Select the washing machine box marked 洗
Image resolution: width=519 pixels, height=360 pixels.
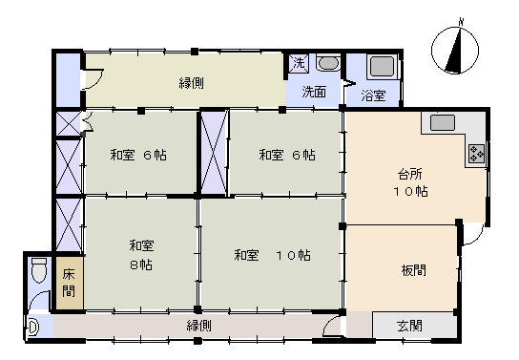tap(299, 63)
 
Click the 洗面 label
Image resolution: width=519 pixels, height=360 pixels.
tap(314, 93)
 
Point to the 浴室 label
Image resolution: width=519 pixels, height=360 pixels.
tap(373, 95)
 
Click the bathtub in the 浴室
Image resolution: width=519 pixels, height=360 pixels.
tap(381, 68)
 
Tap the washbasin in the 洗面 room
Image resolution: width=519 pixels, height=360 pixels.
tap(326, 64)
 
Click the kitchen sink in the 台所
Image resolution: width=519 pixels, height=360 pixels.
tap(444, 123)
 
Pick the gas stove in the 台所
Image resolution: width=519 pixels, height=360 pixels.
tap(476, 154)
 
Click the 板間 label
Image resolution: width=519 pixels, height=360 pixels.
tap(413, 269)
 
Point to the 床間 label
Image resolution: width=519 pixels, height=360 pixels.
tap(68, 283)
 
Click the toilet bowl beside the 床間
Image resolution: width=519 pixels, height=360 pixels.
tap(38, 272)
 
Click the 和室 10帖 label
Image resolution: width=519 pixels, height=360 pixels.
tap(272, 255)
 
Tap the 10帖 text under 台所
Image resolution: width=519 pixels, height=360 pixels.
tap(412, 191)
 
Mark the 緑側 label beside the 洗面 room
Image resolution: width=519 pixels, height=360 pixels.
tap(190, 83)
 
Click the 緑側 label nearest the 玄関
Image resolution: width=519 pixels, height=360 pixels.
tap(198, 326)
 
